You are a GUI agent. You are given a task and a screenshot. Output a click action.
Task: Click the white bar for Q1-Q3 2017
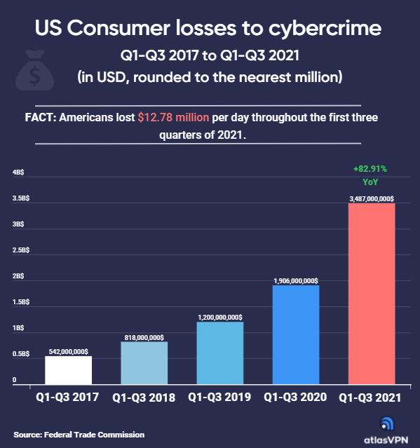tap(69, 370)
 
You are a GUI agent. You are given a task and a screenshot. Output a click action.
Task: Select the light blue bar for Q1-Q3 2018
tap(144, 363)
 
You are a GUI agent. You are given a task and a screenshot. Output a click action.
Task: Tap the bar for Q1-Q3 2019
tap(220, 353)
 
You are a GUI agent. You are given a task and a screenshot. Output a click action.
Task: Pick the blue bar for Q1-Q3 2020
tap(296, 335)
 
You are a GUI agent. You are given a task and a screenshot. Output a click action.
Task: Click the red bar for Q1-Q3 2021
tap(372, 294)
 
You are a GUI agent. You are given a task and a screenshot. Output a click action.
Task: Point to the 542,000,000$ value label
tap(69, 352)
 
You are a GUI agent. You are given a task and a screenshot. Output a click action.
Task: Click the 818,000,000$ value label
tap(144, 338)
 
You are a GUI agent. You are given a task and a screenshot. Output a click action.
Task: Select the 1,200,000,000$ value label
tap(220, 318)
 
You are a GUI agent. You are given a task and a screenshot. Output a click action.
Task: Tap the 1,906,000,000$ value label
tap(296, 281)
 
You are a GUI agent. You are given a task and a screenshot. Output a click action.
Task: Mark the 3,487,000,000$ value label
tap(372, 199)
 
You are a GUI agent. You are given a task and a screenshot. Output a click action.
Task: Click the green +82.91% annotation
tap(370, 169)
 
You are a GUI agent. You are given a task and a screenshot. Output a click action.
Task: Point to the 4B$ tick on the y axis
tap(18, 172)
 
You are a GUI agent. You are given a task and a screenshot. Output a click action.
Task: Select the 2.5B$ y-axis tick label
tap(21, 250)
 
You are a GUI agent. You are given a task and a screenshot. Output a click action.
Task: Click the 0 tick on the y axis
tap(14, 380)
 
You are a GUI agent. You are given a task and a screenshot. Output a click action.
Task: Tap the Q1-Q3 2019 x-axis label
tap(219, 397)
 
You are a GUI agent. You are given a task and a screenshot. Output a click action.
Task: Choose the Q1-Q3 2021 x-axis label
tap(370, 398)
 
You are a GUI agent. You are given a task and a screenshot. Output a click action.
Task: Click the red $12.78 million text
tap(173, 117)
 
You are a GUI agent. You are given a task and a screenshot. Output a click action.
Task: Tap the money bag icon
tap(34, 70)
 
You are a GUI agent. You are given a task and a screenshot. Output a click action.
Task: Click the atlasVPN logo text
tap(386, 440)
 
